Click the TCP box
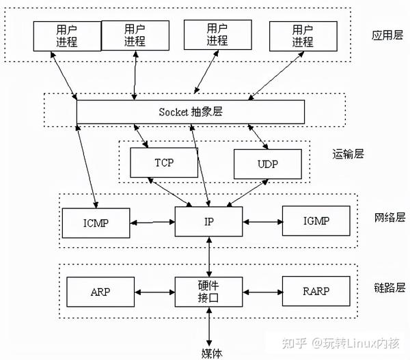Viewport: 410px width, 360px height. point(164,163)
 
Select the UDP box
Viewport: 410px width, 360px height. point(268,164)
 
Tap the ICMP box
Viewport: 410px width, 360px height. point(96,223)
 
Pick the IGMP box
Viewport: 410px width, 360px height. point(316,221)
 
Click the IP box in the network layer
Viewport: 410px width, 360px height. point(208,222)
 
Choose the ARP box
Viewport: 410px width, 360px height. point(100,292)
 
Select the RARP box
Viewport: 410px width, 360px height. point(316,291)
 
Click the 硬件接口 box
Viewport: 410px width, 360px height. point(208,292)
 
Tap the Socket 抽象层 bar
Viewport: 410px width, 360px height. point(191,112)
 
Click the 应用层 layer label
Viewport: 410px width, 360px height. point(387,35)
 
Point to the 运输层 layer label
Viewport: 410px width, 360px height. point(348,154)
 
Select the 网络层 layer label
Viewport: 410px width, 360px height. point(389,217)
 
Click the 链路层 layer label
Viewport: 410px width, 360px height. point(389,288)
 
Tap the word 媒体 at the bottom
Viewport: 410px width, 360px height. point(212,353)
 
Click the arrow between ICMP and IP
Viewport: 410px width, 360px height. point(152,223)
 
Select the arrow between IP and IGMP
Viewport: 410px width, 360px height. point(262,222)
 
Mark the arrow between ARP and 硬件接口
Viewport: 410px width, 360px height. point(155,292)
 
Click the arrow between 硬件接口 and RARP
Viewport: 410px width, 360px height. point(262,292)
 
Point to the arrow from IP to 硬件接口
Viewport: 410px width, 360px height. point(209,257)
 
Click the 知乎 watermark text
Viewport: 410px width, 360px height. point(294,344)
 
